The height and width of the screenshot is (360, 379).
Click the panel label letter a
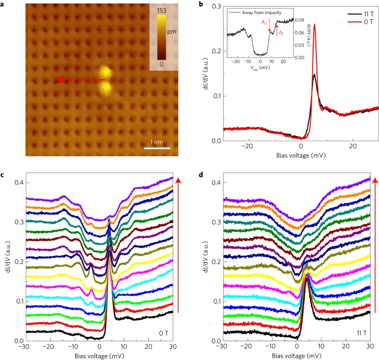2,4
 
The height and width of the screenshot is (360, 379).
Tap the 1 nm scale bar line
157,148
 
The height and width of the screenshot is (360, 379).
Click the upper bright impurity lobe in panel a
106,72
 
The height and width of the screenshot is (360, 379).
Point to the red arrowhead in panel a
61,80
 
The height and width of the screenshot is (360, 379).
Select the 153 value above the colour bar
162,11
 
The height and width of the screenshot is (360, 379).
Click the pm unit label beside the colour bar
172,32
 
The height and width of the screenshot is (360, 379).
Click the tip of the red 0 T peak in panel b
314,24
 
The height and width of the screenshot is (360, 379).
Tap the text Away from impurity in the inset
262,13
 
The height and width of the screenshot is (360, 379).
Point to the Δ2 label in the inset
264,22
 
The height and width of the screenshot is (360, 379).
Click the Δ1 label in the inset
281,33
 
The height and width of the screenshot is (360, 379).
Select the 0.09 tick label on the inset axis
299,20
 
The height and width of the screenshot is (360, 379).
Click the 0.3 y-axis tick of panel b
216,6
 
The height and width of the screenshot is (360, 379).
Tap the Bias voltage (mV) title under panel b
301,155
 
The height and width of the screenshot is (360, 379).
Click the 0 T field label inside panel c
164,333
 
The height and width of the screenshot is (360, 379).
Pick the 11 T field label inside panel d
362,333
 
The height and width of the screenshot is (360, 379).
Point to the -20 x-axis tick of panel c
49,347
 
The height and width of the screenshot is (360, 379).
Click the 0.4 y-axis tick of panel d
216,182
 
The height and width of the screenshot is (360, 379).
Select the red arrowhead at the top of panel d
375,181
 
